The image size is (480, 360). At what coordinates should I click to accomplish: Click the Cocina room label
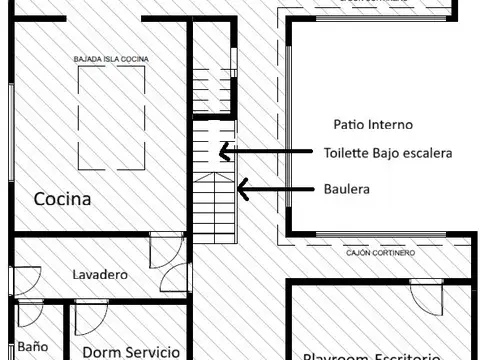tap(62, 199)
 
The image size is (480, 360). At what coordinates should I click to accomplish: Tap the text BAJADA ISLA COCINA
tap(111, 60)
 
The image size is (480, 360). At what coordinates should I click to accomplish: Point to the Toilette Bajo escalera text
tap(388, 154)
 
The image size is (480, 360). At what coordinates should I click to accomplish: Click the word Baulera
tap(345, 187)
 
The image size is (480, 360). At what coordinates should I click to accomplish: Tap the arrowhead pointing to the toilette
tap(226, 153)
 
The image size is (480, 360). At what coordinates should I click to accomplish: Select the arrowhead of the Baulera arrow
tap(241, 187)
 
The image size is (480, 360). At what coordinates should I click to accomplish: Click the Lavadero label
tap(100, 273)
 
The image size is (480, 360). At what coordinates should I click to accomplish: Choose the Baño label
tap(32, 347)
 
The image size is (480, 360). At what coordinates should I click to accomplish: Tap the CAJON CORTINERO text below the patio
tap(380, 253)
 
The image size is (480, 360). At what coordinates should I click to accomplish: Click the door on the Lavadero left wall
tap(27, 279)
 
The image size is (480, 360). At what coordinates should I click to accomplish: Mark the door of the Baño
tap(30, 314)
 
